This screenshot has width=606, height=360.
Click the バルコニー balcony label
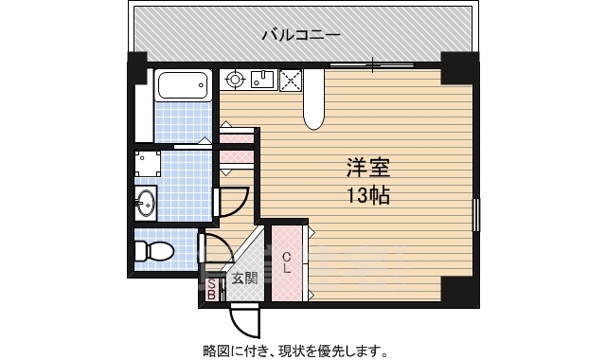tap(301, 36)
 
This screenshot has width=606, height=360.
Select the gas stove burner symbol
tap(234, 80)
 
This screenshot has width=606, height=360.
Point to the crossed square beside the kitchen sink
tap(289, 81)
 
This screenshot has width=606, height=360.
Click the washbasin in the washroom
tap(144, 202)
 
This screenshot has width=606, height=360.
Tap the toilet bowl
tap(151, 252)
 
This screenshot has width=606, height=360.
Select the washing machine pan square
tap(146, 165)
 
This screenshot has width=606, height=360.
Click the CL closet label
tap(285, 261)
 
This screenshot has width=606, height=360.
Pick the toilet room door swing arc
tap(214, 248)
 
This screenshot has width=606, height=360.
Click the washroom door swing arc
tap(231, 201)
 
